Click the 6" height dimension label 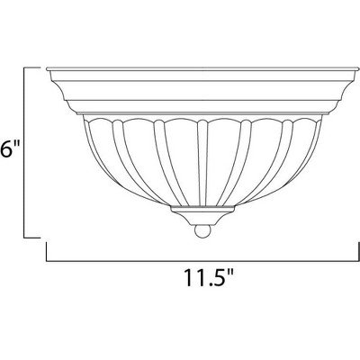pyautogui.click(x=9, y=148)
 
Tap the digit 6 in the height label pyautogui.click(x=5, y=149)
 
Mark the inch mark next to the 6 pyautogui.click(x=15, y=143)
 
